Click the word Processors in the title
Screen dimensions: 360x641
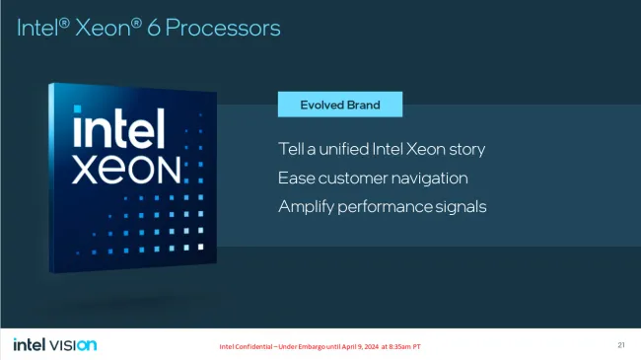click(223, 28)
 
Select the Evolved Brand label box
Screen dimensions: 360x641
click(340, 104)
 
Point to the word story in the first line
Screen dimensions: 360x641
click(463, 150)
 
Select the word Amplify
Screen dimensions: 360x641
click(308, 207)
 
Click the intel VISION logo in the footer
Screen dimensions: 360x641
click(55, 344)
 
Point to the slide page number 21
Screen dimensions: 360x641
click(621, 344)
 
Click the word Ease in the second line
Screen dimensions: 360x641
click(295, 179)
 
